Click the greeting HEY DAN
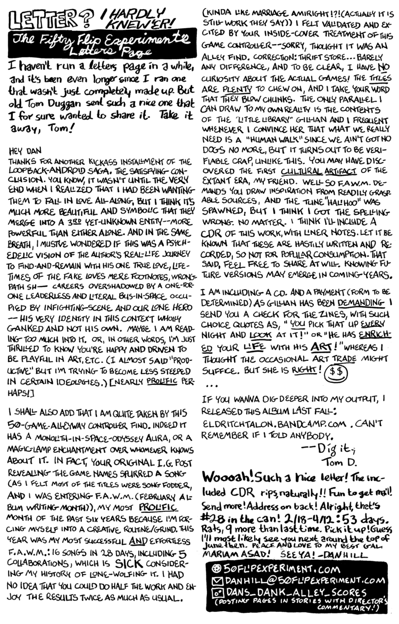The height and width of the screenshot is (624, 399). tap(23, 150)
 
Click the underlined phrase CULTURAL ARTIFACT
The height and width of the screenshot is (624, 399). tap(314, 170)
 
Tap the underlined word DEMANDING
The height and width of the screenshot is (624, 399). tap(353, 301)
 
